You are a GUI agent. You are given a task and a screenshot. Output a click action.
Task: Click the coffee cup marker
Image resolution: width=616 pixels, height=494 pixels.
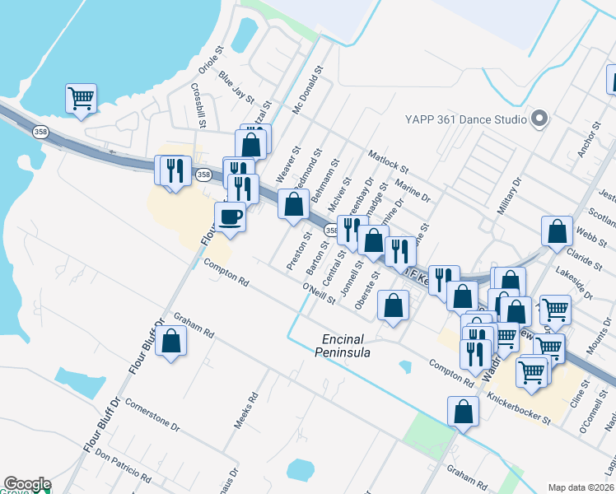pyautogui.click(x=230, y=217)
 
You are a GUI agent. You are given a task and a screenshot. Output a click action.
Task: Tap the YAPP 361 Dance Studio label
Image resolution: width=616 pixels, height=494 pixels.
pyautogui.click(x=465, y=119)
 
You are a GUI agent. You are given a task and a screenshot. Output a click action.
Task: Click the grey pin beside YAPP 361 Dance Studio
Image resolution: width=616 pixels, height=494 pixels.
pyautogui.click(x=539, y=119)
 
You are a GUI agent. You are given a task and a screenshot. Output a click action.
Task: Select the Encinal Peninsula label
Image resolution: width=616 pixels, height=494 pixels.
pyautogui.click(x=343, y=346)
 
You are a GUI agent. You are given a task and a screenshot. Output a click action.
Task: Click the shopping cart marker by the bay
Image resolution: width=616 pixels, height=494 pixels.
pyautogui.click(x=81, y=99)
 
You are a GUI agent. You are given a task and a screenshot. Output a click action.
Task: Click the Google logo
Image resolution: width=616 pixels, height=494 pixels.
pyautogui.click(x=27, y=484)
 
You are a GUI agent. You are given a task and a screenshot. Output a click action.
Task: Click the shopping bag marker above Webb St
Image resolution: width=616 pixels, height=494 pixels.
pyautogui.click(x=557, y=232)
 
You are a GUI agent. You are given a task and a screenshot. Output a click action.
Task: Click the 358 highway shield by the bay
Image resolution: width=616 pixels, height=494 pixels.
pyautogui.click(x=40, y=132)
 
